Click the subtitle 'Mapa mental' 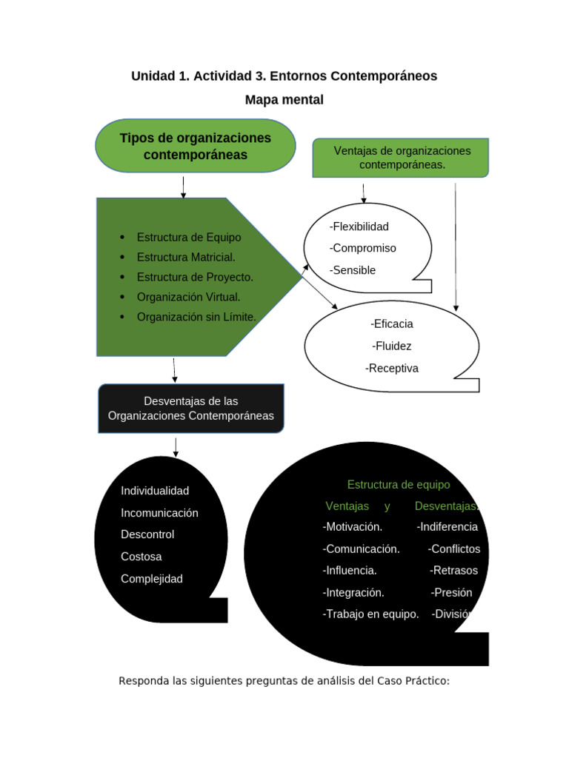(284, 100)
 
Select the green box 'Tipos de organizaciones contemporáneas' (196, 147)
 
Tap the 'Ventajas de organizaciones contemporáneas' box (402, 158)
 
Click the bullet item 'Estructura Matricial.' (186, 257)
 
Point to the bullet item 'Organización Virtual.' (188, 297)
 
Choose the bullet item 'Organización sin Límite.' (196, 317)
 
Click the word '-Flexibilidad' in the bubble (359, 227)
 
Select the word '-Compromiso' (363, 248)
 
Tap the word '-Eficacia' (392, 323)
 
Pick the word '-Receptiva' (392, 368)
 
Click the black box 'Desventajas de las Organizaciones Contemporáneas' (191, 409)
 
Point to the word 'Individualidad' (155, 491)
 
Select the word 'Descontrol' (147, 534)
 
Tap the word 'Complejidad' (152, 579)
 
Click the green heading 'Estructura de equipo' (399, 485)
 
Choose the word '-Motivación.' (353, 527)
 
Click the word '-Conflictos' (454, 549)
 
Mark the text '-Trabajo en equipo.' (371, 614)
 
